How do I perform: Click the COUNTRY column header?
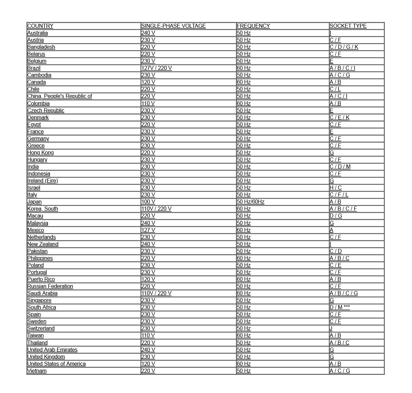40,26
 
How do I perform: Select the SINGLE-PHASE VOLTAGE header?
173,26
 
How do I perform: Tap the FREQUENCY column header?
253,26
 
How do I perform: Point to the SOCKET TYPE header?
348,26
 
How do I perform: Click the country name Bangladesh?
41,47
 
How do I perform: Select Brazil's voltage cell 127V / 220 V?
156,68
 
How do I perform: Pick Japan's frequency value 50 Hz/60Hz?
250,202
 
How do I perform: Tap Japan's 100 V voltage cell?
148,202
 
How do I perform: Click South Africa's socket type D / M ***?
339,307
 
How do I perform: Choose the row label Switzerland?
41,329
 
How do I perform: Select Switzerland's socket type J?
331,329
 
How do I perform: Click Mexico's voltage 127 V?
148,230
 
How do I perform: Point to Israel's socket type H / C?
335,188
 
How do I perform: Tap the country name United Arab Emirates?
52,350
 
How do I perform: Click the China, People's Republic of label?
60,96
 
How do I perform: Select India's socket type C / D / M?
340,167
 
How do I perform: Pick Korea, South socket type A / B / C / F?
343,209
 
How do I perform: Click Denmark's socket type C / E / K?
339,118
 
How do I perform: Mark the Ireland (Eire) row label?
42,181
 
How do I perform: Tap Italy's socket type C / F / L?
339,195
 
